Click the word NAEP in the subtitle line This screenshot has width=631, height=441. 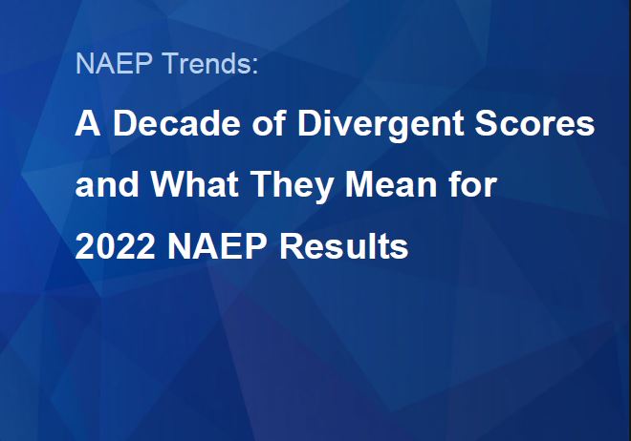(103, 64)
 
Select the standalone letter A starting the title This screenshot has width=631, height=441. (86, 125)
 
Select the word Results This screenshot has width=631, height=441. (345, 247)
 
